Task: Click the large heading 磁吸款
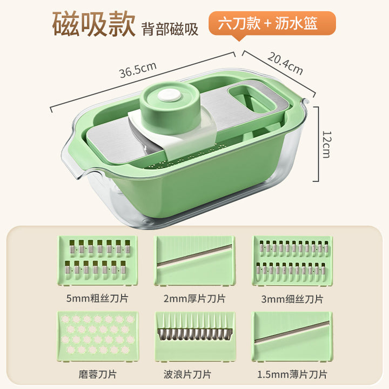click(x=94, y=24)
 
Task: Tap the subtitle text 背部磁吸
click(x=170, y=30)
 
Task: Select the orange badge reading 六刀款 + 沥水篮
click(x=272, y=24)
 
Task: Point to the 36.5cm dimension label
click(x=138, y=70)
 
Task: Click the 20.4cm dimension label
click(x=285, y=64)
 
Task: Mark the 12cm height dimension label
click(x=326, y=144)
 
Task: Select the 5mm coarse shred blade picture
click(x=97, y=260)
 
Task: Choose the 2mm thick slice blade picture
click(x=194, y=260)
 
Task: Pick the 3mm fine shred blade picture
click(x=292, y=260)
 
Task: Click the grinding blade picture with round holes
click(x=97, y=337)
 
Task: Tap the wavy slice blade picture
click(x=194, y=337)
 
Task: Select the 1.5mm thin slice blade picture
click(x=292, y=337)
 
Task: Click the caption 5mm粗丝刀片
click(x=97, y=298)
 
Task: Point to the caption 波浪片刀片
click(x=187, y=374)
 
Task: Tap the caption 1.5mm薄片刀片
click(x=292, y=374)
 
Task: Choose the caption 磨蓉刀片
click(x=97, y=374)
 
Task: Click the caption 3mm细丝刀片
click(x=292, y=299)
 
